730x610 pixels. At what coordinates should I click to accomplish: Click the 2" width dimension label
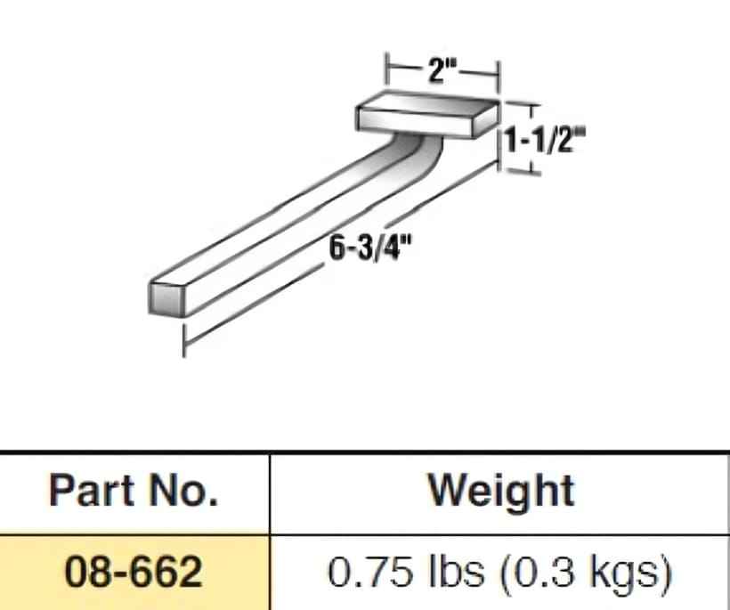coord(442,70)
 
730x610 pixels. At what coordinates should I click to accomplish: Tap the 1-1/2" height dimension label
coord(545,139)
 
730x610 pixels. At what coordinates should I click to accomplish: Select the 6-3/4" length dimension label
coord(370,248)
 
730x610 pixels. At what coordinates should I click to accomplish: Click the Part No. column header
coord(134,491)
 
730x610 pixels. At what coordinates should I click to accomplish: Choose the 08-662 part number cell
coord(134,572)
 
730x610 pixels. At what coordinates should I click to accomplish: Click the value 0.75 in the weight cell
coord(370,572)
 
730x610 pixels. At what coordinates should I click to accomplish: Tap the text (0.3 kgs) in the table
coord(586,573)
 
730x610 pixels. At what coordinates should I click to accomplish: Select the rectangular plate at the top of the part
coord(427,116)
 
